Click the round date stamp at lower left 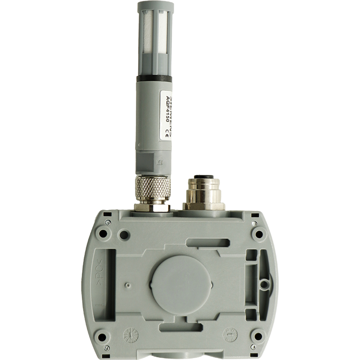point(130,334)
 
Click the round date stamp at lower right point(230,334)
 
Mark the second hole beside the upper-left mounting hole point(125,234)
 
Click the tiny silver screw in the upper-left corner point(108,222)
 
